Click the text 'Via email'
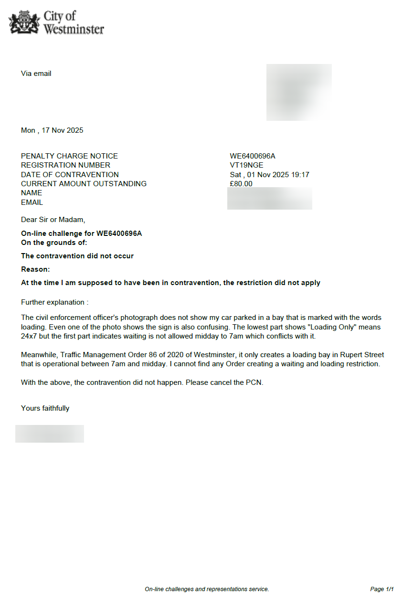click(36, 74)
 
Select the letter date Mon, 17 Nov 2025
click(52, 130)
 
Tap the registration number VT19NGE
click(246, 165)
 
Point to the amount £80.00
click(241, 184)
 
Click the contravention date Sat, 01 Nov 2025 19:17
click(269, 175)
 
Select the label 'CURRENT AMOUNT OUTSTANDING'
click(84, 184)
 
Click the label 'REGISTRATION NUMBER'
click(65, 165)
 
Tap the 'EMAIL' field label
click(32, 202)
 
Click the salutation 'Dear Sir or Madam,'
click(53, 220)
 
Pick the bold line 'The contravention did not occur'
click(77, 256)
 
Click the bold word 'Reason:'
click(35, 269)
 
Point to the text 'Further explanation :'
click(54, 302)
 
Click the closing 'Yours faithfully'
click(45, 408)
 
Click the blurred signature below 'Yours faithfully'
click(50, 434)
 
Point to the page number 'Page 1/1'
click(381, 589)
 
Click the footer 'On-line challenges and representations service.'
click(207, 589)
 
